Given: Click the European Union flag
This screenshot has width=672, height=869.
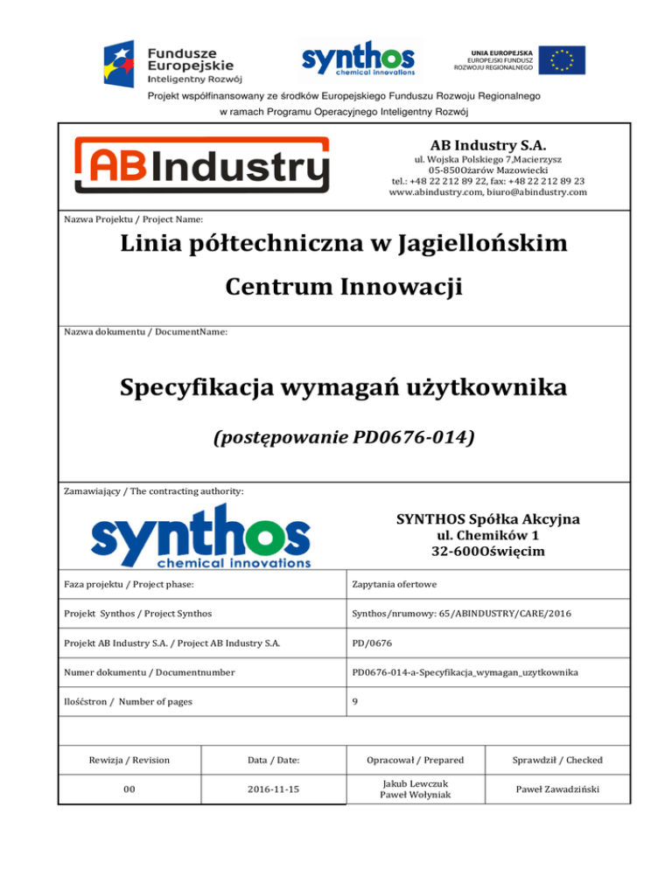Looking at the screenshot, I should click(x=561, y=59).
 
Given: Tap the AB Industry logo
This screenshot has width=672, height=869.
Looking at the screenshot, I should click(x=202, y=164).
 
